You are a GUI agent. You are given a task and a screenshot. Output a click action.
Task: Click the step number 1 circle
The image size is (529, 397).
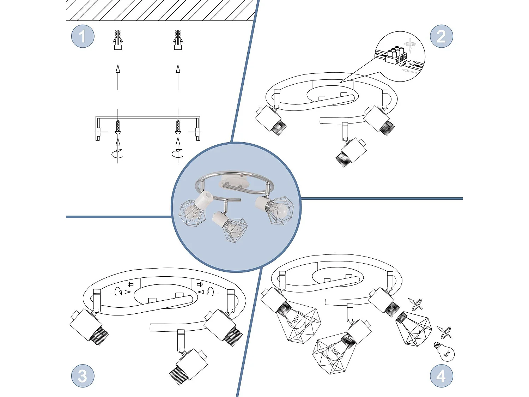point(83,36)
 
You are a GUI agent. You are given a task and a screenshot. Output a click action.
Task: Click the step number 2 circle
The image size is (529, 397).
point(441,36)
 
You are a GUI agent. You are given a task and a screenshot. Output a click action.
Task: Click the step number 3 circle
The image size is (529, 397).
point(83,376)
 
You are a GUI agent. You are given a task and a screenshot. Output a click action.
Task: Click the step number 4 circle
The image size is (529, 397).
point(441,376)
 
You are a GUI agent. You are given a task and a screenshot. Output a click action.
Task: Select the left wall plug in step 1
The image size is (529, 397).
point(118,40)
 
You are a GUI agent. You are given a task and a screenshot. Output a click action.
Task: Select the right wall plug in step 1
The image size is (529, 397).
point(178,40)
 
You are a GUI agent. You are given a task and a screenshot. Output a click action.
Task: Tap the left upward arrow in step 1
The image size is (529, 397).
point(118,77)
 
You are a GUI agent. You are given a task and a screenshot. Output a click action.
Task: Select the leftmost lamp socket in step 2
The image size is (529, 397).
point(270,120)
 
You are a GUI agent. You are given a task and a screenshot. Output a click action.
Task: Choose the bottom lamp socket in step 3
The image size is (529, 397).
point(187,367)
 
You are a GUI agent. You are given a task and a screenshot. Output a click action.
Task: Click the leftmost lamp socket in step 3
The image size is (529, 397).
point(88,326)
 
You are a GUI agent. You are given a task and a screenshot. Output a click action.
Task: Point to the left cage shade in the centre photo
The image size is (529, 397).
point(192,213)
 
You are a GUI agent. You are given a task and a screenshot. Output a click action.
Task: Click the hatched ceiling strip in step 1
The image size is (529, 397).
point(160,10)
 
